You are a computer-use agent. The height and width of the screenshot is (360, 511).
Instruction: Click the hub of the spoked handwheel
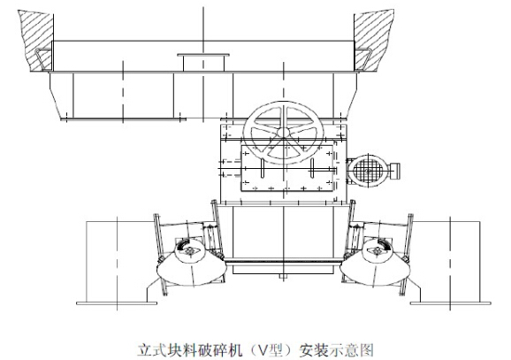(x=283, y=133)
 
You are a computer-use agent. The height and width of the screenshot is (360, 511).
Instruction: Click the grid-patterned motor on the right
(x=368, y=170)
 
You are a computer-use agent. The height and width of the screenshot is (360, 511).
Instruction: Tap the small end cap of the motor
(x=395, y=171)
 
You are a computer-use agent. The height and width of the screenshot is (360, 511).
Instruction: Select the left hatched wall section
(x=37, y=40)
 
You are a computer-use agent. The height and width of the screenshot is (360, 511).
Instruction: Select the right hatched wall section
(x=373, y=40)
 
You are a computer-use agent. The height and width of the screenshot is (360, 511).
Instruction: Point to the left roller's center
(x=189, y=251)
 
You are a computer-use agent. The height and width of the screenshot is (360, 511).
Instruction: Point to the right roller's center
(x=378, y=251)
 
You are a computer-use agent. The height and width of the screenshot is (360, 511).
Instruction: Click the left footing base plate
(x=117, y=303)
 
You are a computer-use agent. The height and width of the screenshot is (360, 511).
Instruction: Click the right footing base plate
(x=450, y=303)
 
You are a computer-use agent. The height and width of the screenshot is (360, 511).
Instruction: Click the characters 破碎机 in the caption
(x=217, y=350)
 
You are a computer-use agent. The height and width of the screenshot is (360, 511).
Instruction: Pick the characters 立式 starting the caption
(x=151, y=350)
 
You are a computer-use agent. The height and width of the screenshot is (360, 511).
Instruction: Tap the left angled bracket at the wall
(x=43, y=59)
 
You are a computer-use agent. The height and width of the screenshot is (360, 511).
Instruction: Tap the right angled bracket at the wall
(x=363, y=59)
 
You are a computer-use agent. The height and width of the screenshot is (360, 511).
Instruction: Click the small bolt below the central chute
(x=283, y=277)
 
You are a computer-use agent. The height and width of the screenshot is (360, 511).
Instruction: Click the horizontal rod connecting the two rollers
(x=283, y=260)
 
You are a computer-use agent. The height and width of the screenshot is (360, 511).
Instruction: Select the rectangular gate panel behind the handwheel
(x=287, y=168)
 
